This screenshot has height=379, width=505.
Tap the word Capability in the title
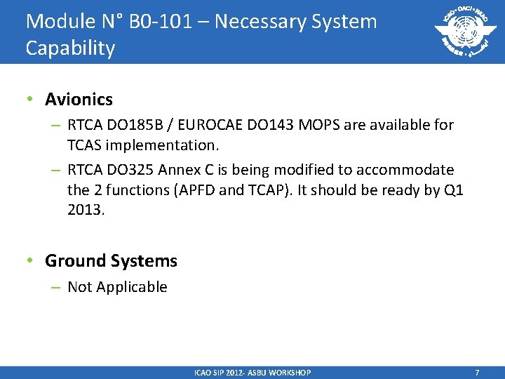tap(70, 48)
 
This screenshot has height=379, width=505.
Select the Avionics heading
tap(79, 100)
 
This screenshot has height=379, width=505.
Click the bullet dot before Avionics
tap(30, 100)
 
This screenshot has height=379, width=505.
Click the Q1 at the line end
tap(452, 190)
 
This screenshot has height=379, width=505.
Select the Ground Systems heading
tap(111, 261)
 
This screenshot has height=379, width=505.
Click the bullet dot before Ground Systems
tap(30, 261)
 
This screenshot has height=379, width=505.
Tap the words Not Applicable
tap(117, 287)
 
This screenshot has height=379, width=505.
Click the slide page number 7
tap(477, 372)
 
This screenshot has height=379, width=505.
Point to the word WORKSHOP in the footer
tap(289, 372)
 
